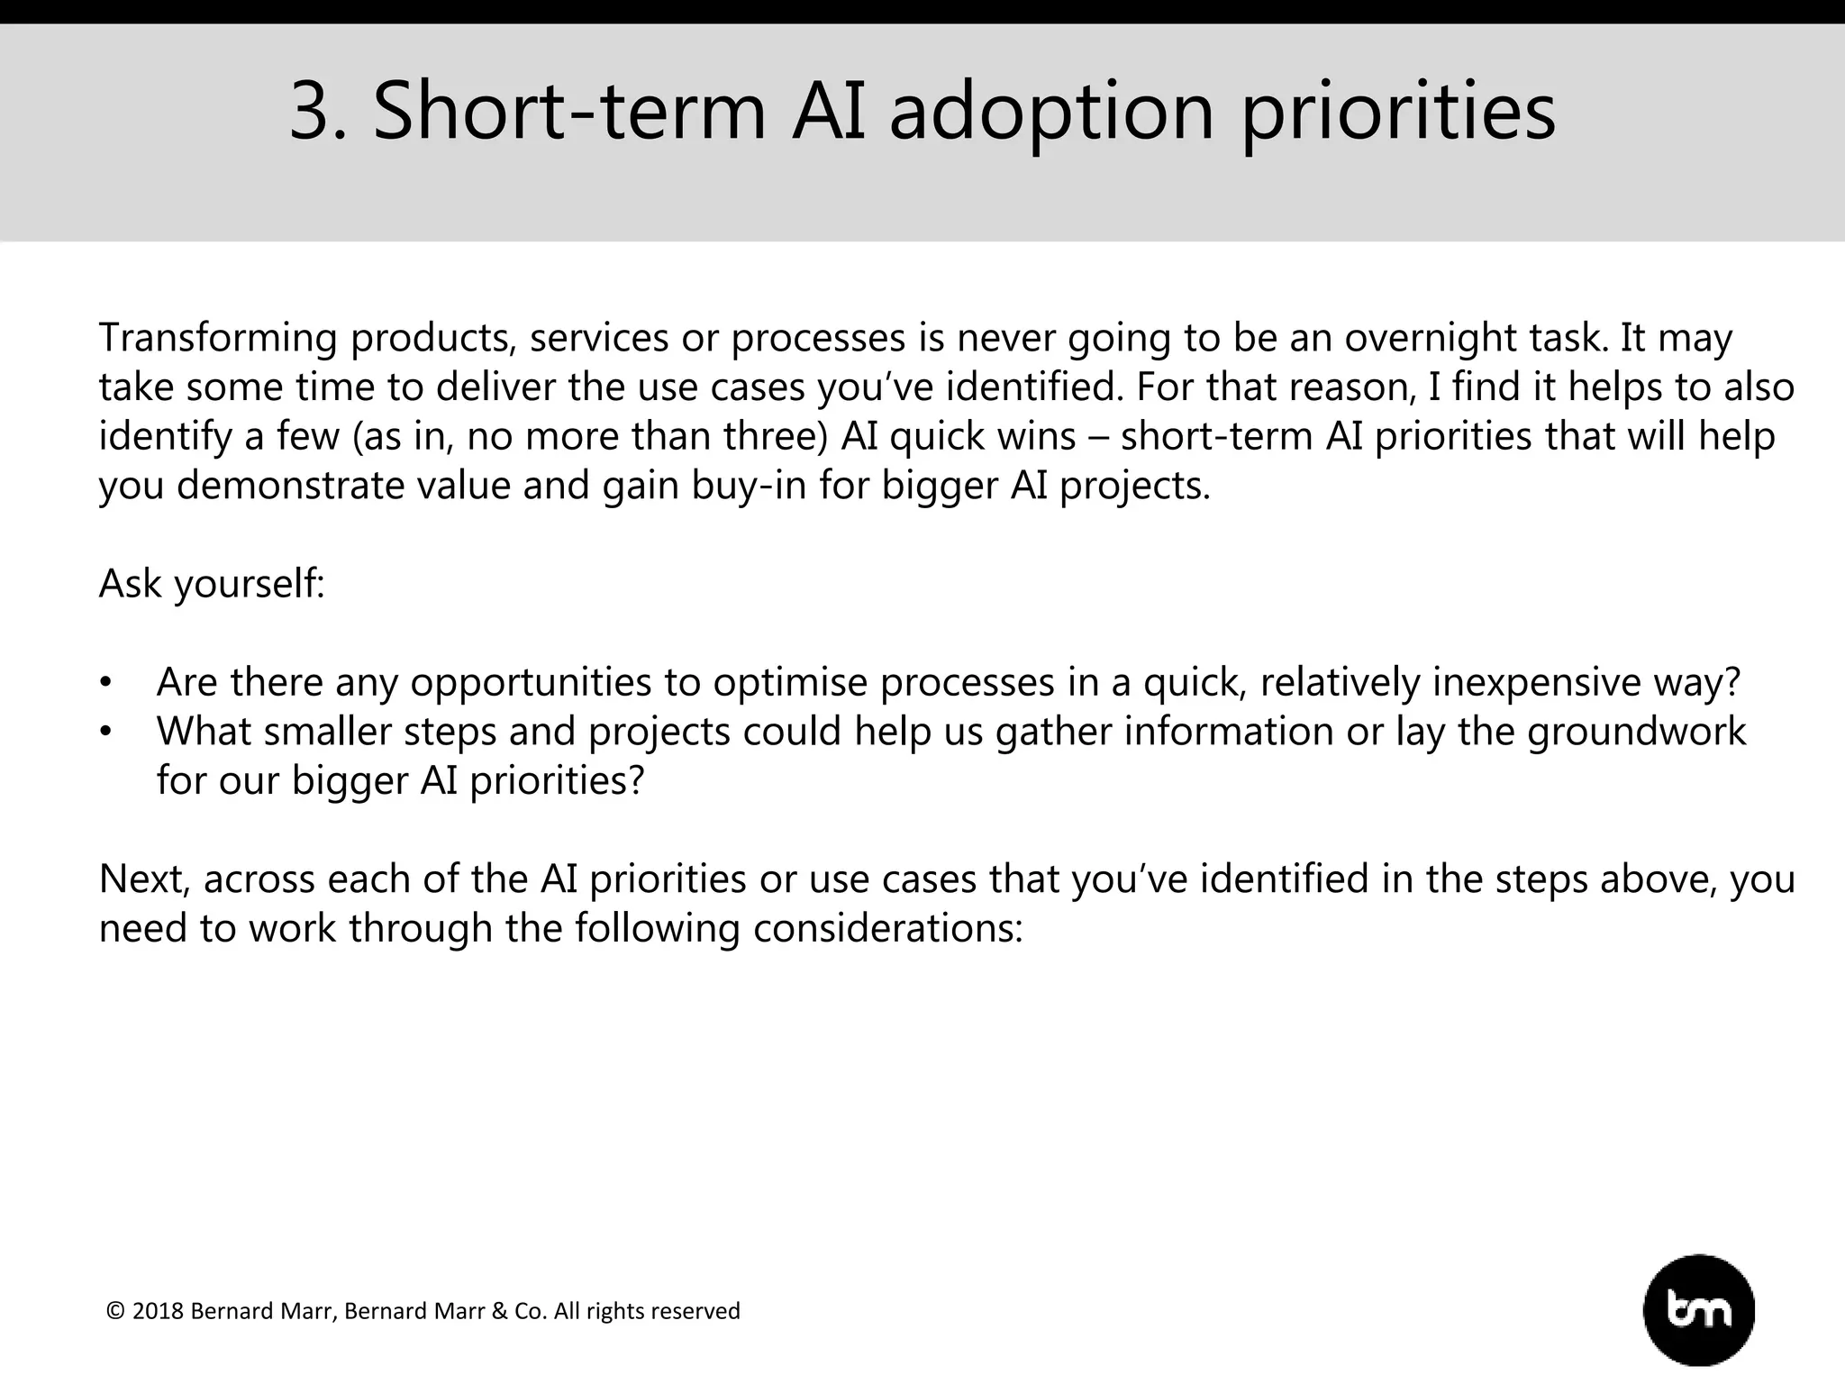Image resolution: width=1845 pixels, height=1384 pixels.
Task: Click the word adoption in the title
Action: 1051,111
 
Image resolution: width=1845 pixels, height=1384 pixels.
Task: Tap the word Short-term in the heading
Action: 569,111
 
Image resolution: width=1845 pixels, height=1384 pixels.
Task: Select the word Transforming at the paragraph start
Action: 217,338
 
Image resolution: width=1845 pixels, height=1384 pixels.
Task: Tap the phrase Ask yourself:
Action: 211,584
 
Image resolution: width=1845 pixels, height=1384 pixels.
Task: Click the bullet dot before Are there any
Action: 106,683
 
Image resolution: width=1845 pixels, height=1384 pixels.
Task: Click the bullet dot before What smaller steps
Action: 106,732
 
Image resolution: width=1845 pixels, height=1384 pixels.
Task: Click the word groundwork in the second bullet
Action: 1636,731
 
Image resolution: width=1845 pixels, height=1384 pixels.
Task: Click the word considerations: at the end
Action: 887,928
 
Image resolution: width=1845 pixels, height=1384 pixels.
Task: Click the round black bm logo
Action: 1698,1310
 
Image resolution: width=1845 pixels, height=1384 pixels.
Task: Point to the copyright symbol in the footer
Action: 114,1311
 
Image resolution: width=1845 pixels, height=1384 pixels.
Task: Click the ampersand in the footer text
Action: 500,1311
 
